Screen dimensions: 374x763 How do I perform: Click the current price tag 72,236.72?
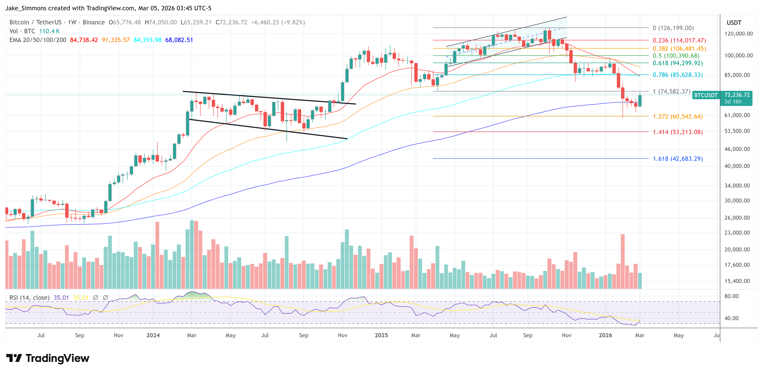point(737,95)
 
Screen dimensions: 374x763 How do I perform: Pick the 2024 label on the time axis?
point(153,335)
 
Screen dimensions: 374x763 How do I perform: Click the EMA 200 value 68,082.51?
point(179,40)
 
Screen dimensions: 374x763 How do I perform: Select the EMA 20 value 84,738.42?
point(84,40)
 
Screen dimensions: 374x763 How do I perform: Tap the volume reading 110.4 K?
point(49,31)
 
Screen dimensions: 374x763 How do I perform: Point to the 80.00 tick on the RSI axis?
point(731,296)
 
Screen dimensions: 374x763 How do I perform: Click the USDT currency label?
point(734,23)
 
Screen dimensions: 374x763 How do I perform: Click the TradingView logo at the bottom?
point(48,358)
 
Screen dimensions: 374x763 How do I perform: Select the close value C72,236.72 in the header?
point(231,22)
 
